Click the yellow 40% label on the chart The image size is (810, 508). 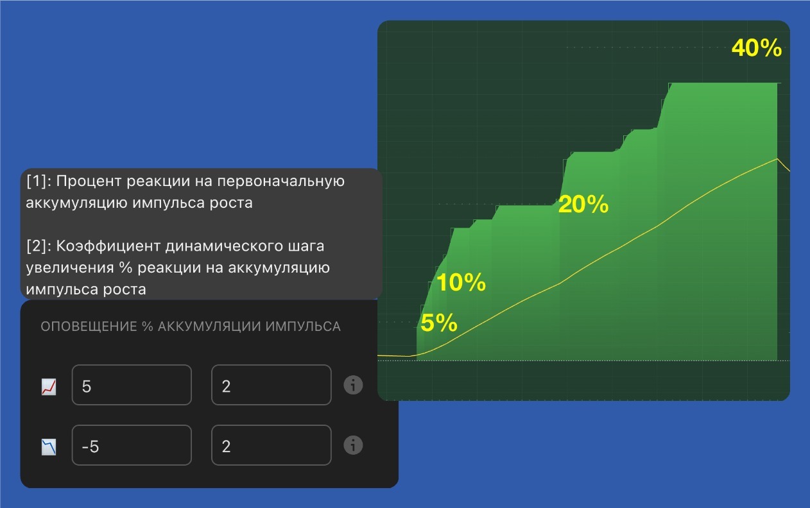click(x=757, y=48)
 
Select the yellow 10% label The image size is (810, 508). click(x=461, y=282)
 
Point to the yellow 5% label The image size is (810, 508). click(x=439, y=323)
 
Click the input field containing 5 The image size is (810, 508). click(x=132, y=385)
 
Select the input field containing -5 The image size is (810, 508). click(x=132, y=445)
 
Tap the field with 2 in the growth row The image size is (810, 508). click(x=271, y=385)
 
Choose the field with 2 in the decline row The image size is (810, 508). click(x=271, y=445)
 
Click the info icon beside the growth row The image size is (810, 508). click(x=353, y=385)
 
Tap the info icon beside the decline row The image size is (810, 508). click(x=353, y=445)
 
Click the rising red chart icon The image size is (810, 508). click(x=49, y=386)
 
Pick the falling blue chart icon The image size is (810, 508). click(x=49, y=446)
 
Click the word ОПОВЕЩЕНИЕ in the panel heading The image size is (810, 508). click(x=89, y=326)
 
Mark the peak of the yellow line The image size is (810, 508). click(x=777, y=158)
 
